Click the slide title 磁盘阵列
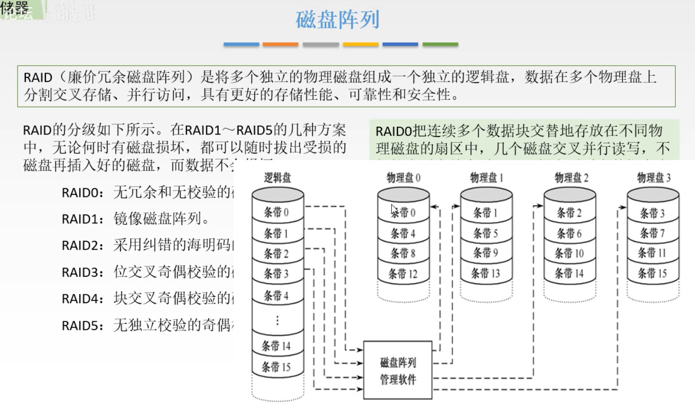pos(338,20)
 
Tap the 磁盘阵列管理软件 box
pos(397,370)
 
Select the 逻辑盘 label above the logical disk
pos(277,178)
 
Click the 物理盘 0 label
pos(403,178)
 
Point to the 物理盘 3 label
pos(653,178)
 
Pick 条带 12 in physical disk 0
pos(403,274)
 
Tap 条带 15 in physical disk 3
pos(652,273)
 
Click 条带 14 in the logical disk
pos(276,346)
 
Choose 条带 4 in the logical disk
pos(276,295)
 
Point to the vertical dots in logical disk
pos(277,320)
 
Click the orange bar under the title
pos(280,44)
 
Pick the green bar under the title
pos(440,44)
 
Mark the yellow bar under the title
pos(360,44)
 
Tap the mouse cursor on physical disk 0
pos(395,210)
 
